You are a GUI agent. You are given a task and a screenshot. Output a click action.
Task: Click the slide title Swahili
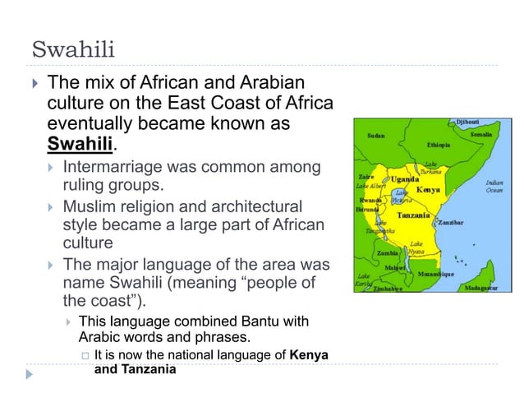click(73, 49)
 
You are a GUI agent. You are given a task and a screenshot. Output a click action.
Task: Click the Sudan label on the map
click(376, 136)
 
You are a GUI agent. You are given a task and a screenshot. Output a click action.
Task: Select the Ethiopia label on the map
click(438, 145)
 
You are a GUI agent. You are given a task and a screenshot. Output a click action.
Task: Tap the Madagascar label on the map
click(483, 288)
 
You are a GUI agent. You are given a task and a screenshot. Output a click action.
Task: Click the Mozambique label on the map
click(435, 274)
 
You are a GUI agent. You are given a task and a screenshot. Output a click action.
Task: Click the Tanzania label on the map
click(416, 215)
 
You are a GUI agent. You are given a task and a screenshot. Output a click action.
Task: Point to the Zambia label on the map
click(388, 253)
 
